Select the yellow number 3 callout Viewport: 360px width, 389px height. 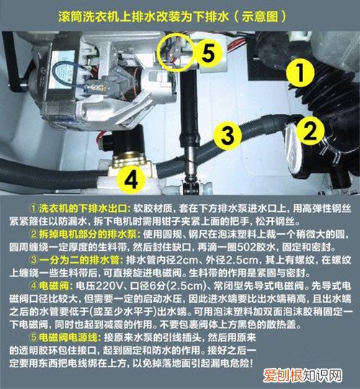[228, 134]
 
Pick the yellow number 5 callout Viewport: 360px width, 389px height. [207, 52]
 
